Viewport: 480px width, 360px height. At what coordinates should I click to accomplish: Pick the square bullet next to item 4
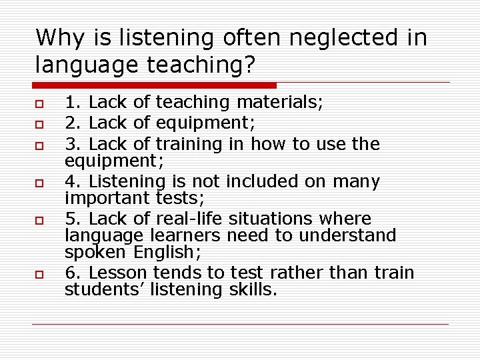tap(39, 181)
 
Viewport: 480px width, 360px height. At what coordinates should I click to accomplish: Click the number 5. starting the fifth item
tap(73, 219)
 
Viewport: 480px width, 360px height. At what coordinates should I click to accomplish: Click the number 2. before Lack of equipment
tap(73, 123)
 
